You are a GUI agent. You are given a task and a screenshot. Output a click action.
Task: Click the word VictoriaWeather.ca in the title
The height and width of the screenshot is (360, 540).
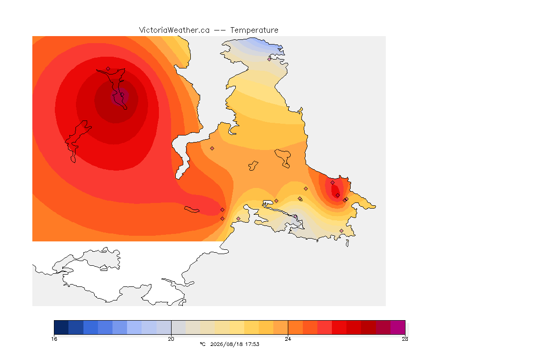174,30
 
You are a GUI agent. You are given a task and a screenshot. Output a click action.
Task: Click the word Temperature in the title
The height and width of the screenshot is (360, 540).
254,30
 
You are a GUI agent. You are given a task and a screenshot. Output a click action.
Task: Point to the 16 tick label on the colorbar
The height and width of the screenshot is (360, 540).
54,339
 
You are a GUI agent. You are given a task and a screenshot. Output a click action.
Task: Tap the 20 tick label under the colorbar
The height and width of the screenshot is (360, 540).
171,339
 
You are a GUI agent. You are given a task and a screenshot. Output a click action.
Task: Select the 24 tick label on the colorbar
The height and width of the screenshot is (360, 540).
288,339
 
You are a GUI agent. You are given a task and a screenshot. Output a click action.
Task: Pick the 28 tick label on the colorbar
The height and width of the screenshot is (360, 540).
405,339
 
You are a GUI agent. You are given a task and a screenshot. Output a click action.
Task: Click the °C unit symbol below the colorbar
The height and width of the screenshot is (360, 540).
202,344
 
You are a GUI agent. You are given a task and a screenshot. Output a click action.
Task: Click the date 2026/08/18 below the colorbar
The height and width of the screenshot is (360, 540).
225,344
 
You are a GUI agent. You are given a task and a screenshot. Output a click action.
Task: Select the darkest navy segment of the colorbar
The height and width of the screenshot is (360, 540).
61,327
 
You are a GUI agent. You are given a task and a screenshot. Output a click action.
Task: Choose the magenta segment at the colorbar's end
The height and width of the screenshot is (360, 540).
398,327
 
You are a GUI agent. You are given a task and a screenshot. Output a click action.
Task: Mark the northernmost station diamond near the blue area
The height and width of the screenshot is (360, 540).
270,59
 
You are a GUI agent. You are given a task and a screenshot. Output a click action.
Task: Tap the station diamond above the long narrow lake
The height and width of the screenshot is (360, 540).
108,69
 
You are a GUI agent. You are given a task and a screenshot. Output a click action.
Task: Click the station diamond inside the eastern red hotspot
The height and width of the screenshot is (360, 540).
337,195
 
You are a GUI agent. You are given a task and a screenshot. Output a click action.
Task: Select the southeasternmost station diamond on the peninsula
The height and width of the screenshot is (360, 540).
341,231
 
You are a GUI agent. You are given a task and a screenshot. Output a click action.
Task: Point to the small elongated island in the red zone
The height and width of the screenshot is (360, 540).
192,210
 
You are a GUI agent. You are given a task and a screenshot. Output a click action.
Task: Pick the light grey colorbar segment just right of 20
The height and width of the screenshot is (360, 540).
179,327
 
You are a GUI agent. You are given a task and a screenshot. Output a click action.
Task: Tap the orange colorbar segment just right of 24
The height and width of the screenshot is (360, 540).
295,327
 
